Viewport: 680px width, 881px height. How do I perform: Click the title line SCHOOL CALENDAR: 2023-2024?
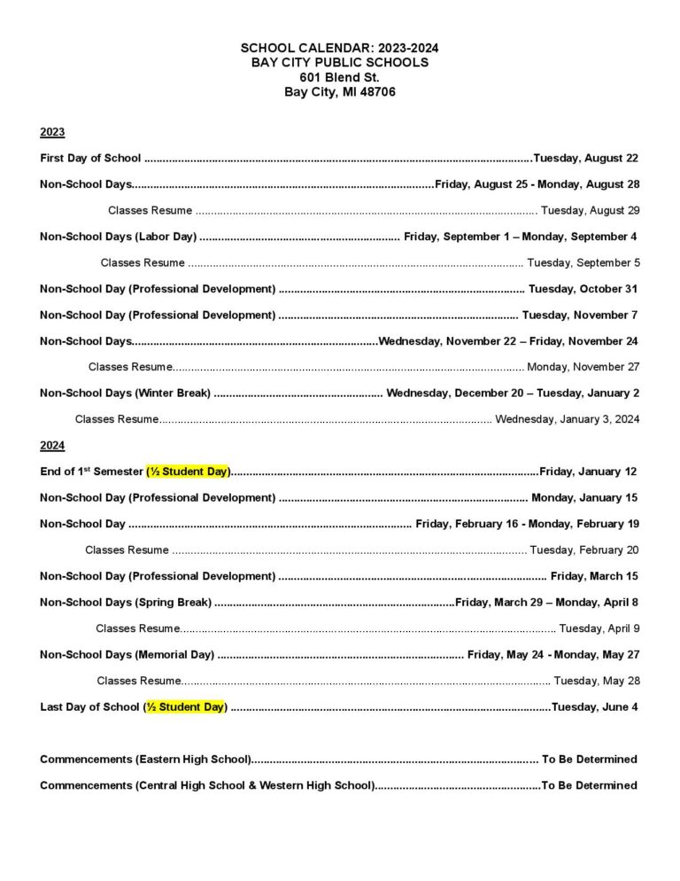[339, 48]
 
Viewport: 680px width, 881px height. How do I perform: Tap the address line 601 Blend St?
[339, 77]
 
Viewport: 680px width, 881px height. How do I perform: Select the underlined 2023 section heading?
[52, 132]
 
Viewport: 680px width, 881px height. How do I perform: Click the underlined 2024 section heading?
[52, 445]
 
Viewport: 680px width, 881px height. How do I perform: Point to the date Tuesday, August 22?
[585, 158]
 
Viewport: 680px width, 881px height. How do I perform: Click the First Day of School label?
[90, 158]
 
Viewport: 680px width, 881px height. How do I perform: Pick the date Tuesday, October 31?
[583, 289]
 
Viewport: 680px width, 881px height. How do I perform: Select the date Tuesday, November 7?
[580, 315]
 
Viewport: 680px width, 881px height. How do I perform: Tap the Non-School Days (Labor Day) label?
[118, 237]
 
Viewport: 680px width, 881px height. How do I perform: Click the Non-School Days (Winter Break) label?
[125, 393]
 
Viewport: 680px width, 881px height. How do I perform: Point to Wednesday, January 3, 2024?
[567, 419]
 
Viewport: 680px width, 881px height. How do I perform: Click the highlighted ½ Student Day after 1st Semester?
[188, 472]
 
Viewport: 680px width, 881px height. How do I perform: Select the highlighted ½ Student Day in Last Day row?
[186, 706]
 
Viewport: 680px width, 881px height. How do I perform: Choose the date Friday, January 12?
[588, 472]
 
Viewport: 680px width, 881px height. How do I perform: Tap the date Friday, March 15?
[594, 576]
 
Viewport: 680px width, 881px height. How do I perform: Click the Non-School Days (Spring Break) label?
[126, 603]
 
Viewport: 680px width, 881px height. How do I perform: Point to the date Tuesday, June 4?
[594, 706]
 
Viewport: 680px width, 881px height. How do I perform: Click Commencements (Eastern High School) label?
[145, 759]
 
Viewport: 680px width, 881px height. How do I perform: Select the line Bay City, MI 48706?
[339, 91]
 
